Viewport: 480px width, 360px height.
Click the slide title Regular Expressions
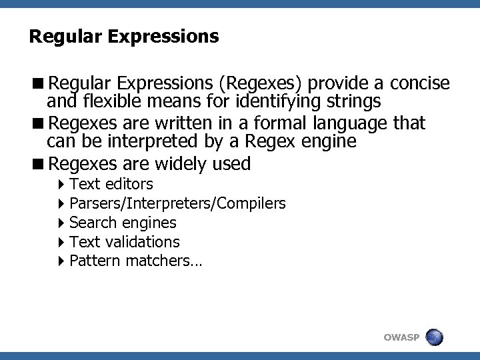[123, 36]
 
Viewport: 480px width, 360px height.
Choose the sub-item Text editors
[111, 184]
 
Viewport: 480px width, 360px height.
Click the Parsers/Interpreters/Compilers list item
[177, 203]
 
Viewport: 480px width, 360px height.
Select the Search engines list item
[123, 223]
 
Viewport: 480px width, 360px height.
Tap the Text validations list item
[124, 242]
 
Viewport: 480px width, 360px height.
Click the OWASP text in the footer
[401, 338]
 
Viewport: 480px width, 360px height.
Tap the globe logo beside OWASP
[435, 337]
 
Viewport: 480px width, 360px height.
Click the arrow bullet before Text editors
[61, 184]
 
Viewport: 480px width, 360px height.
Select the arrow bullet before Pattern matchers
[61, 261]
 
